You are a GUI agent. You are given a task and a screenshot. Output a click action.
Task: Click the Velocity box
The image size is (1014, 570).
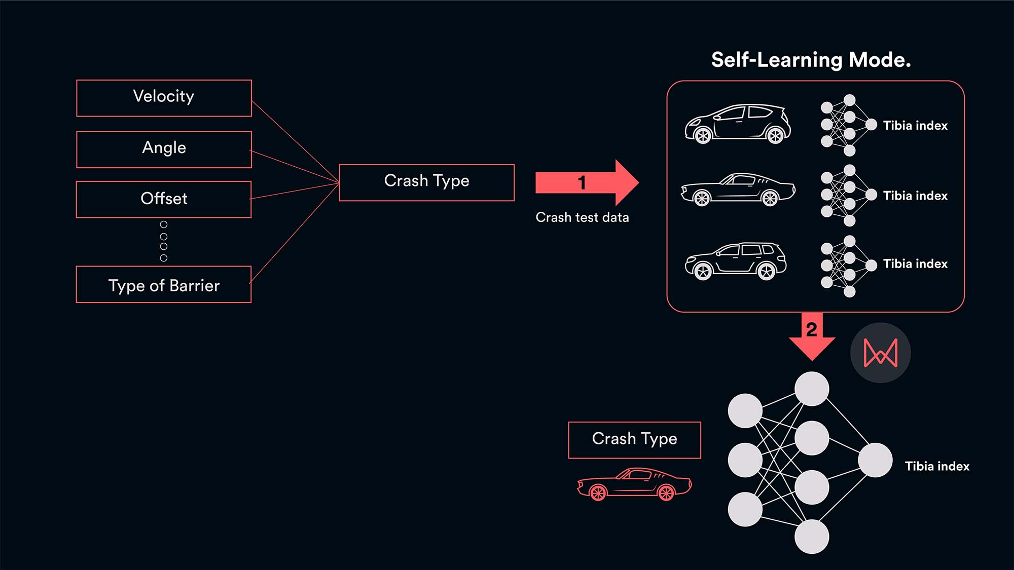[x=164, y=98]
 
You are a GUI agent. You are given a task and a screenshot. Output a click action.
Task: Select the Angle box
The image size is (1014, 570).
[x=164, y=149]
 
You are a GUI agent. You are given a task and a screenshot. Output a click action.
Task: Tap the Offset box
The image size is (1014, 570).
[x=164, y=199]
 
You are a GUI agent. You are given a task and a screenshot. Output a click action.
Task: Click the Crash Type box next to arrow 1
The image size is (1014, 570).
[x=426, y=182]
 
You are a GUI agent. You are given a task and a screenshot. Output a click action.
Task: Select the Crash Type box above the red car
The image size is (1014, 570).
[x=634, y=440]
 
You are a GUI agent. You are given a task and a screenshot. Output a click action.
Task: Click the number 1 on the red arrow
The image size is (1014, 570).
[x=582, y=182]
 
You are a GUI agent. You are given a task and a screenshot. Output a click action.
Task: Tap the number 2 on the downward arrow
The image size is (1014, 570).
[x=811, y=330]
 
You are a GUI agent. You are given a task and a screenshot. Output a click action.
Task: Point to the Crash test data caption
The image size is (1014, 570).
[x=582, y=217]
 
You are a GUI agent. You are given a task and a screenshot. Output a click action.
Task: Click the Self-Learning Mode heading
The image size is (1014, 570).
[x=811, y=60]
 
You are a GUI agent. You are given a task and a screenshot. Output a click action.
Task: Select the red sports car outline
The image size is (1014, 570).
[x=634, y=484]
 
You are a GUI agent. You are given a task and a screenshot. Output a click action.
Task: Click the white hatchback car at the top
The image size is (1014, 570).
[x=738, y=123]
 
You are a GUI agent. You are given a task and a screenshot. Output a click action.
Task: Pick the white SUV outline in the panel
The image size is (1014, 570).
[x=735, y=261]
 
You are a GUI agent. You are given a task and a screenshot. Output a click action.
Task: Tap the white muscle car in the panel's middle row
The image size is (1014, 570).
[x=738, y=189]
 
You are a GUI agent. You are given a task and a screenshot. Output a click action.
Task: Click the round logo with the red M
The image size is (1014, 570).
[x=880, y=353]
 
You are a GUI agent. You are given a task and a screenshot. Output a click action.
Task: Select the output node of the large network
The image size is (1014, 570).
[x=875, y=460]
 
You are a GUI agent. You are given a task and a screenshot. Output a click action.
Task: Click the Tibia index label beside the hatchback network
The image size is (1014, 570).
[x=915, y=126]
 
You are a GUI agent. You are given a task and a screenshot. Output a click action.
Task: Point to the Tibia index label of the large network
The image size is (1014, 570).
[x=937, y=466]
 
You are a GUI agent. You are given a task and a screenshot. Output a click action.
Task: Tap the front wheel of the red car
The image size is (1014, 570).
[x=598, y=492]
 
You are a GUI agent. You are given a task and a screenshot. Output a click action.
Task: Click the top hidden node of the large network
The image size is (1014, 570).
[x=812, y=389]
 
